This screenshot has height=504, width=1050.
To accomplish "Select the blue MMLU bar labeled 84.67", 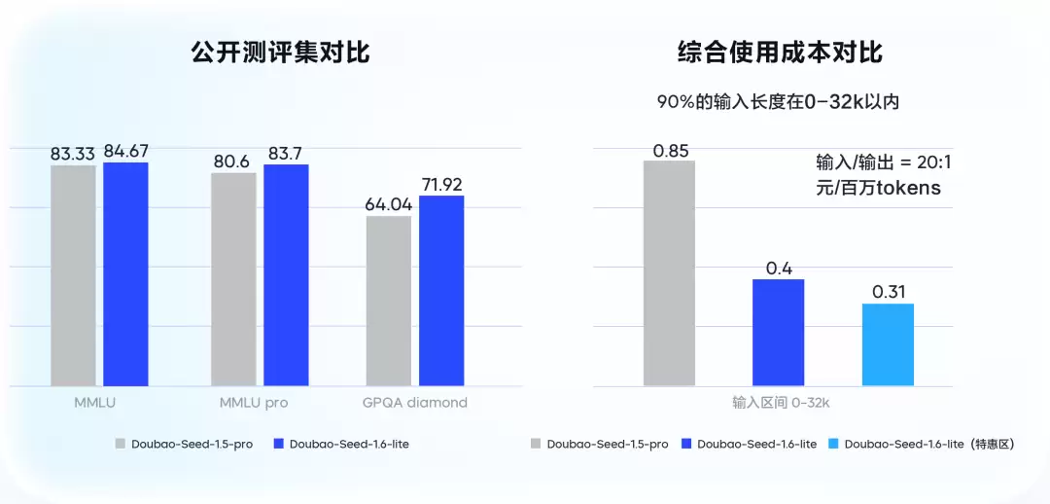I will click(x=125, y=274).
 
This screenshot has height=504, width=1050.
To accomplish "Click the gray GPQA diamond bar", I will click(x=389, y=301).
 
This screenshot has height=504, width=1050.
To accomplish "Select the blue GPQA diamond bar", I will click(x=441, y=291).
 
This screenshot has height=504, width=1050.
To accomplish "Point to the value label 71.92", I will click(x=441, y=184).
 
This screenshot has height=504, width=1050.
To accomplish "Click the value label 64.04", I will click(x=389, y=204).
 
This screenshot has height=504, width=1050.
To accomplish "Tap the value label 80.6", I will click(x=233, y=162).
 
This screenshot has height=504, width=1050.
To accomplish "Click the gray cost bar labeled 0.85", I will click(x=669, y=273).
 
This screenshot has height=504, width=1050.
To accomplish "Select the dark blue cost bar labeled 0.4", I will click(x=778, y=333).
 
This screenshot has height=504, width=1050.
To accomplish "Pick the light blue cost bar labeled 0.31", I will click(x=888, y=344).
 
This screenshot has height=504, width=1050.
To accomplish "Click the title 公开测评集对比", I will click(x=280, y=53).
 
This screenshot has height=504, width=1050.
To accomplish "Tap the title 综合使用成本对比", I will click(x=780, y=53).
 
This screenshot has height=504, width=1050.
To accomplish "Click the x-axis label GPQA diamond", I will click(x=415, y=402).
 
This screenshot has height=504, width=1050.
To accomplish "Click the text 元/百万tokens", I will click(x=879, y=189).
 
